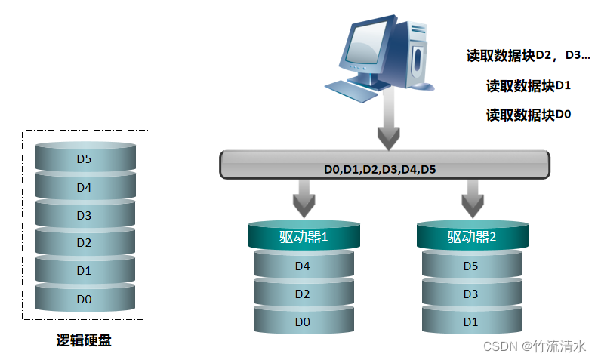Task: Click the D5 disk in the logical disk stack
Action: click(x=85, y=159)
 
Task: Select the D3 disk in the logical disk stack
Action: click(x=85, y=216)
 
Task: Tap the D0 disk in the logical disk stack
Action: click(x=85, y=300)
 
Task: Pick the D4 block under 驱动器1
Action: click(x=303, y=266)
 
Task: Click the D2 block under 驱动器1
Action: click(x=303, y=294)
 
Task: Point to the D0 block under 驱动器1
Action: click(x=303, y=322)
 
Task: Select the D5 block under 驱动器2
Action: click(x=471, y=266)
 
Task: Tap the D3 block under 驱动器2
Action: click(x=471, y=294)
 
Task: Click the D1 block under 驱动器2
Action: click(x=471, y=322)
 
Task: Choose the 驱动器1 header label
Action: click(x=303, y=237)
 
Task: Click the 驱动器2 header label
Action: click(x=471, y=237)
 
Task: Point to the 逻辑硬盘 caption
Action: click(x=84, y=340)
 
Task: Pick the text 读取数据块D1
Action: click(x=528, y=85)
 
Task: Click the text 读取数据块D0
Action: click(x=528, y=115)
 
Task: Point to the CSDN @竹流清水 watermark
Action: click(x=534, y=346)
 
